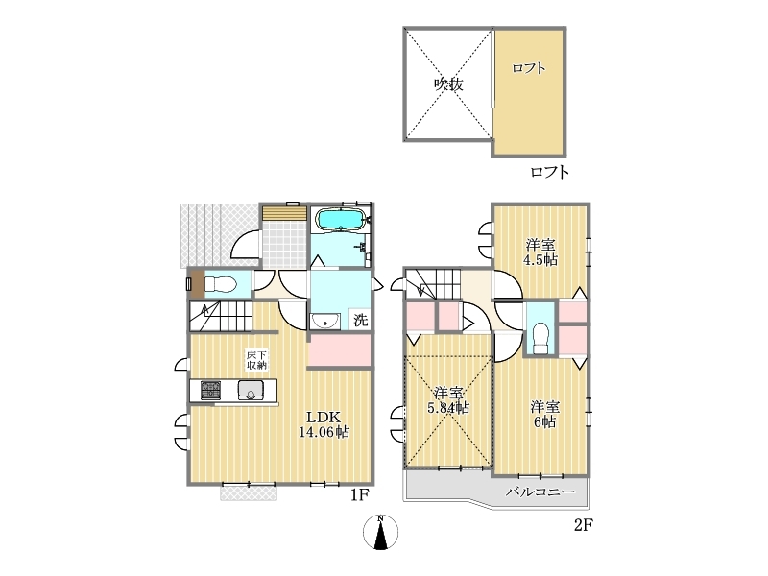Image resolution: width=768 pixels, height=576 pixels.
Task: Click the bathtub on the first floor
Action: (341, 219)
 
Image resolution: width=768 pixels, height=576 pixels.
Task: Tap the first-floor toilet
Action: (221, 283)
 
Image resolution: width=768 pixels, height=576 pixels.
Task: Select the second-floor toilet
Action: (540, 338)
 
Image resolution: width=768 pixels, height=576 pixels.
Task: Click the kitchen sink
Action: (251, 391)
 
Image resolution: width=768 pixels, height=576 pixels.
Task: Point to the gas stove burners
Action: (210, 390)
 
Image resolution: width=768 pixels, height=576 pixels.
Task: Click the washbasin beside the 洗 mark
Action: (324, 322)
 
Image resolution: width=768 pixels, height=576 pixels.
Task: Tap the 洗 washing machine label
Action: (360, 321)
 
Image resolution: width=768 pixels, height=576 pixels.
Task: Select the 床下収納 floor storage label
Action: (256, 360)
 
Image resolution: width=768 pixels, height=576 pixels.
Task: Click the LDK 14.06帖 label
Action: (324, 424)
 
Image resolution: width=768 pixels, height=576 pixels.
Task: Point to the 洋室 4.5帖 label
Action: (540, 252)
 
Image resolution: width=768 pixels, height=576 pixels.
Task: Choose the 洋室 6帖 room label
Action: (544, 415)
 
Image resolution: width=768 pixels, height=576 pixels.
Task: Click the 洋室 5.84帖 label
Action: (448, 400)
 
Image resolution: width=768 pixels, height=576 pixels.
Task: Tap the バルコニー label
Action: (540, 492)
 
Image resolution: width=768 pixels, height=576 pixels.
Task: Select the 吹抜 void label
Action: (448, 84)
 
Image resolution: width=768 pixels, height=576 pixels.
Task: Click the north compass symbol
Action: (380, 533)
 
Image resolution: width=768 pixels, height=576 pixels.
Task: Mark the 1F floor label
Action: (359, 495)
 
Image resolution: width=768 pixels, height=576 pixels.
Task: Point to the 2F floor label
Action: (584, 525)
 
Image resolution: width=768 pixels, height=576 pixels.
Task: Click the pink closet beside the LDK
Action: (340, 349)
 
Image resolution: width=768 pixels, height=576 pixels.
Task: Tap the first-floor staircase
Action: (221, 317)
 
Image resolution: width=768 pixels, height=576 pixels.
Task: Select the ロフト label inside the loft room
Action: (529, 68)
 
